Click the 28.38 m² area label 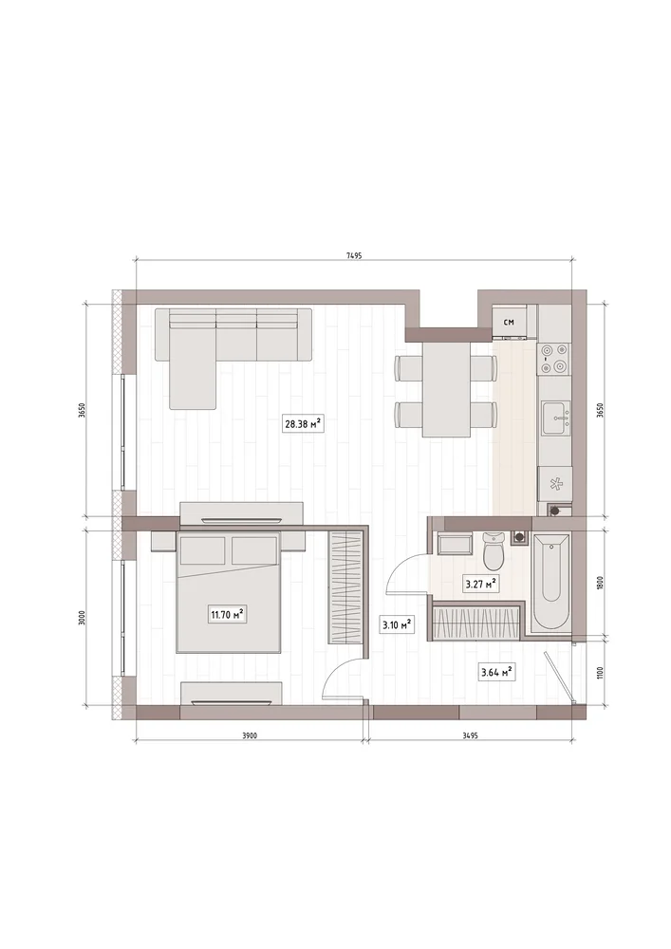coord(302,424)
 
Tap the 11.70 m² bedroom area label coord(227,616)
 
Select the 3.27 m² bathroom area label coord(480,584)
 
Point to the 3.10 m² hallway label coord(397,624)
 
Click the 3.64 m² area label coord(496,671)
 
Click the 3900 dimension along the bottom coord(250,736)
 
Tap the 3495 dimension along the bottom coord(471,736)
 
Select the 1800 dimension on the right coord(599,583)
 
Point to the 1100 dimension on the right coord(599,673)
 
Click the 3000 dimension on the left coord(83,618)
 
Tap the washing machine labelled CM coord(510,322)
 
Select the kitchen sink coord(556,418)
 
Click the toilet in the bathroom coord(494,550)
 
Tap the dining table coord(446,388)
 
